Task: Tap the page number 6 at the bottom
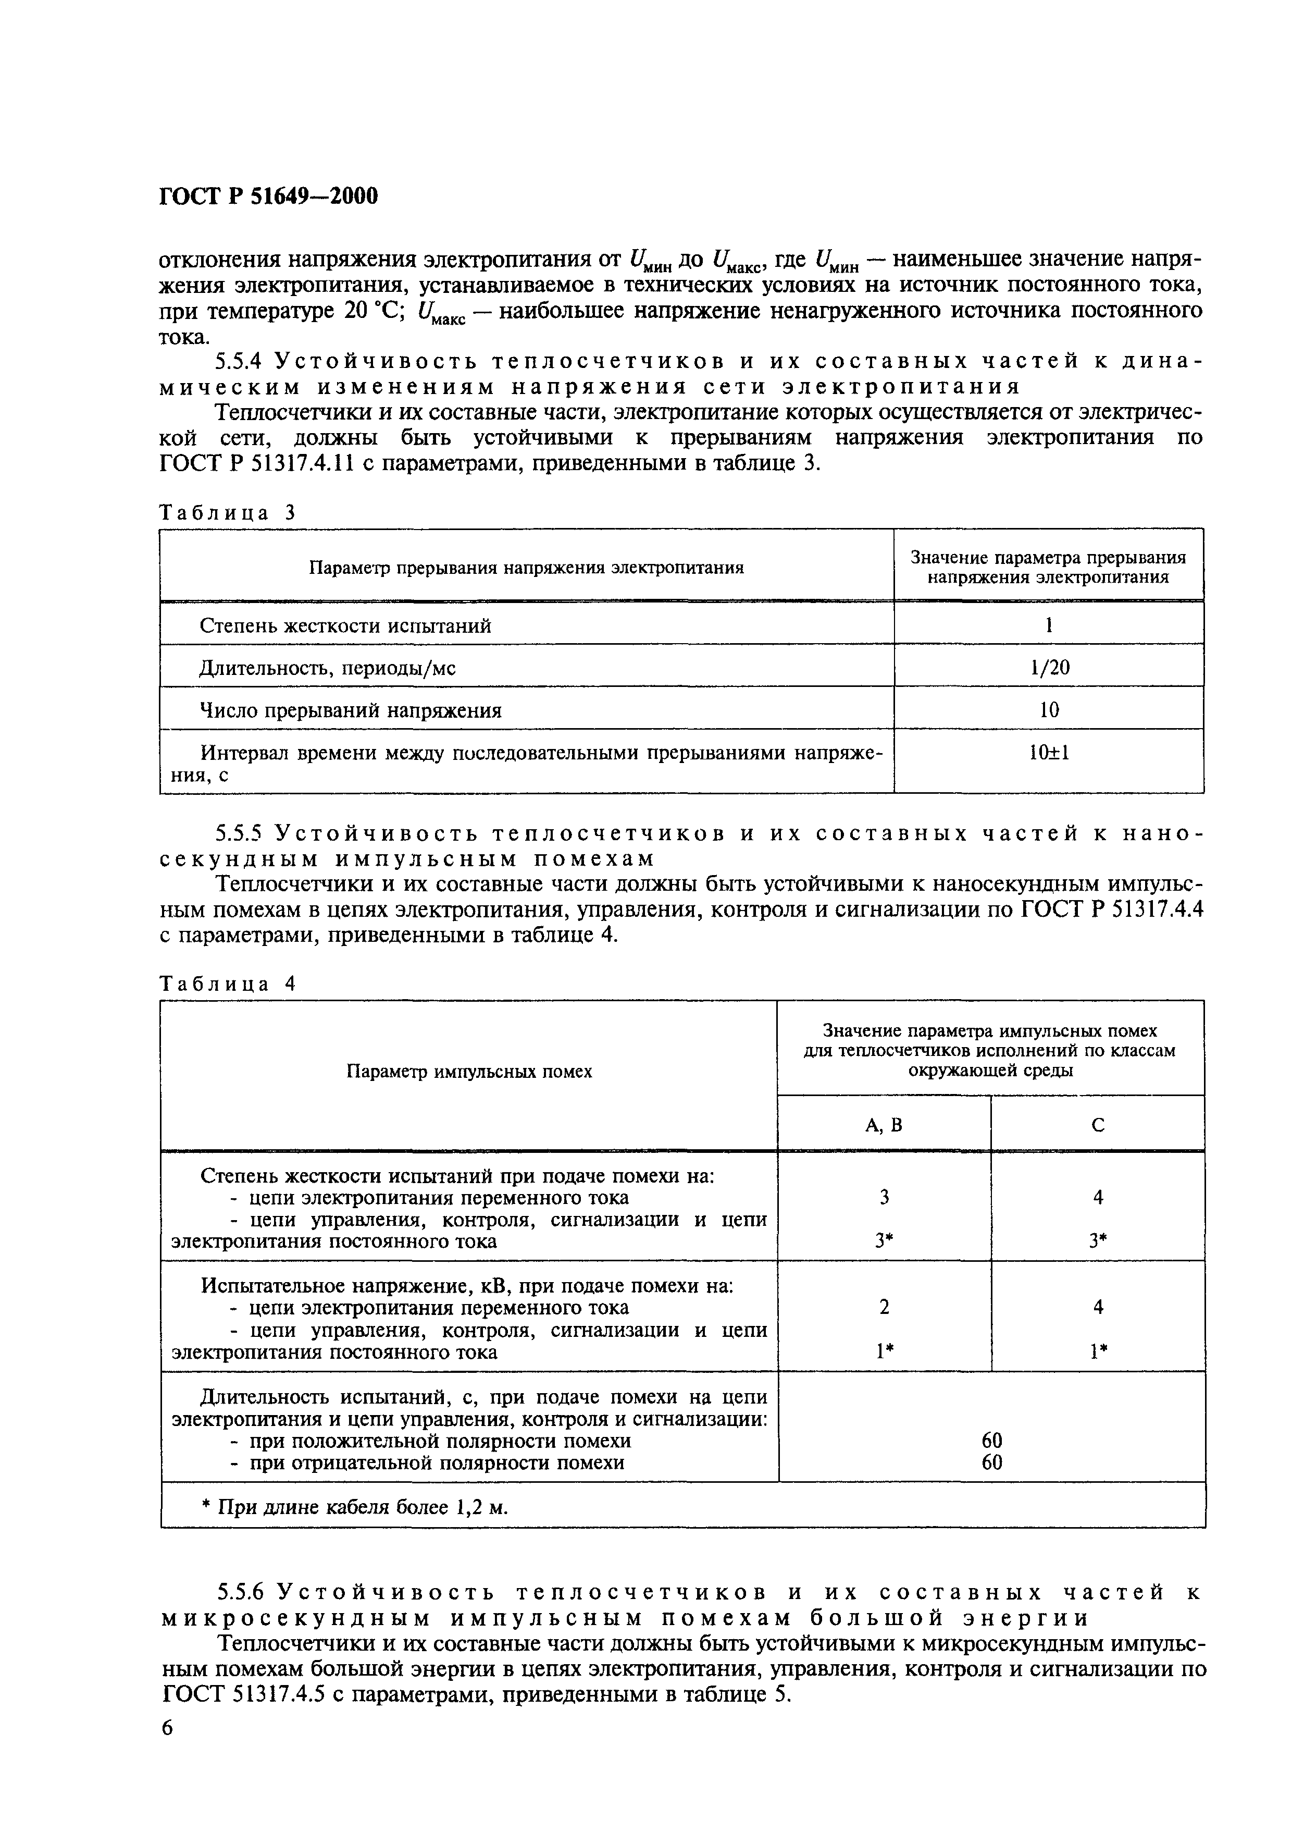(167, 1727)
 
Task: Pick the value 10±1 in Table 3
(1049, 753)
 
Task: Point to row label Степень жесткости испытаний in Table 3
(345, 625)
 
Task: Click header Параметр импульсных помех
(469, 1072)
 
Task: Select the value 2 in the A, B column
(884, 1307)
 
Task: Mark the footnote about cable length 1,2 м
(354, 1507)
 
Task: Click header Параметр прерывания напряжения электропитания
(527, 568)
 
